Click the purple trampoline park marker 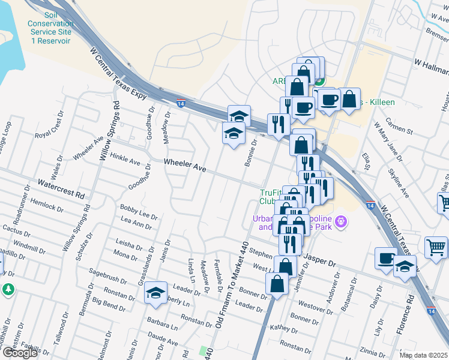point(341,221)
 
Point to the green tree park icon point(8,289)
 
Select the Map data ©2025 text point(424,355)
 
